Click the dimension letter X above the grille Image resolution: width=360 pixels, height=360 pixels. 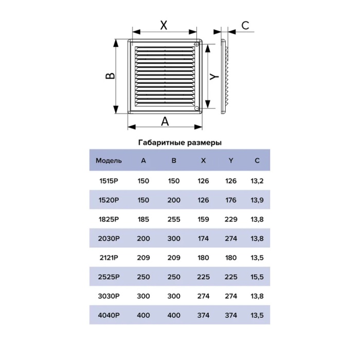pyautogui.click(x=164, y=25)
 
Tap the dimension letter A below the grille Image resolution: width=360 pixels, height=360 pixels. pyautogui.click(x=165, y=121)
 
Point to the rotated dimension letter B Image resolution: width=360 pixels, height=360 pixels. pyautogui.click(x=110, y=76)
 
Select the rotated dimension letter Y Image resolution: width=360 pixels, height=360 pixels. pyautogui.click(x=214, y=77)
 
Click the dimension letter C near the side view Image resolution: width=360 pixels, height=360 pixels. pyautogui.click(x=245, y=25)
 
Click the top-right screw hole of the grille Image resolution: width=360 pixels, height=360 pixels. pyautogui.click(x=196, y=44)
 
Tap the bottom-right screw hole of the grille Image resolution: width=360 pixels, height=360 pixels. pyautogui.click(x=196, y=109)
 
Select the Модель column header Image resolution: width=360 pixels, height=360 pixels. pyautogui.click(x=109, y=160)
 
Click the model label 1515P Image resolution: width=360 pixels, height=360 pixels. pyautogui.click(x=109, y=181)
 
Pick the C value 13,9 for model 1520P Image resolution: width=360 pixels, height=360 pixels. pyautogui.click(x=257, y=200)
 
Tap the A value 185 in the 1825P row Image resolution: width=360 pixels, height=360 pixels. pyautogui.click(x=143, y=219)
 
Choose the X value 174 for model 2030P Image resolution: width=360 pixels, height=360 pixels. pyautogui.click(x=203, y=239)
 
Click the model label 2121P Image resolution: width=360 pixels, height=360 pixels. pyautogui.click(x=109, y=258)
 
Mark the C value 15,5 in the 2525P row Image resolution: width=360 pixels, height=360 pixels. pyautogui.click(x=257, y=277)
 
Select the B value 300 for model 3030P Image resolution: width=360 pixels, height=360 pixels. pyautogui.click(x=174, y=296)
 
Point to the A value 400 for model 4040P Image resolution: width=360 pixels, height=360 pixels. pyautogui.click(x=143, y=315)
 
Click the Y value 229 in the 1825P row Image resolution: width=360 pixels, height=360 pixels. pyautogui.click(x=231, y=219)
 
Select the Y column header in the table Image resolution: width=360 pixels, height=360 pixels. pyautogui.click(x=231, y=160)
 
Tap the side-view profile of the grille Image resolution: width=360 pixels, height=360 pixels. pyautogui.click(x=224, y=77)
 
